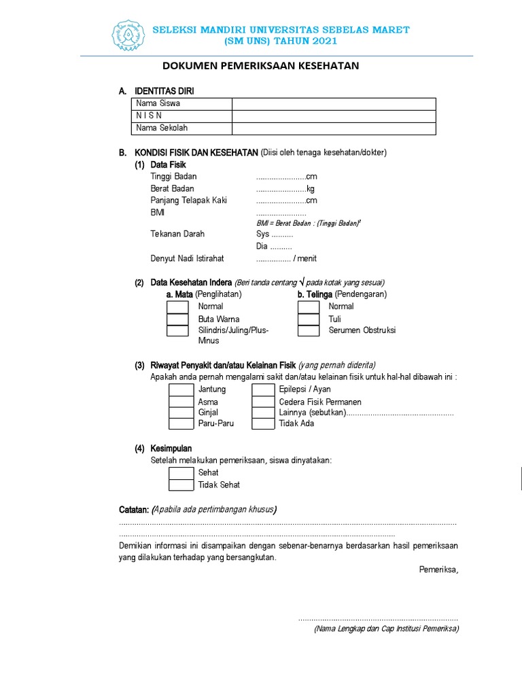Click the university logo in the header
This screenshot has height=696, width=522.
127,37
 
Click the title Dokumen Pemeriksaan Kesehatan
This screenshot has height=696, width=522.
260,66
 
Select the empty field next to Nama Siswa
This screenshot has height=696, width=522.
333,103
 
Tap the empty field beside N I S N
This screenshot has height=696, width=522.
333,116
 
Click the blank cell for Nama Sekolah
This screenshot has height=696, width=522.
333,128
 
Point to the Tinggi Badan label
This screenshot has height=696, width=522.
173,177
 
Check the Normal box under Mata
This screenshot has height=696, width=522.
177,307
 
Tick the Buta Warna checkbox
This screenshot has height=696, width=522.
177,319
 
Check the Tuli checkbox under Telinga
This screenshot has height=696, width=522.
309,319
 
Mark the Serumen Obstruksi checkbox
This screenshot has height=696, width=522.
309,331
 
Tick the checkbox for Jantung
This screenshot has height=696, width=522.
181,389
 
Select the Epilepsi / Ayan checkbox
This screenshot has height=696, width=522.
262,389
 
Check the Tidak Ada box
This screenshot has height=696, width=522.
262,423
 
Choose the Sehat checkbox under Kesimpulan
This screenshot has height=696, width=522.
181,472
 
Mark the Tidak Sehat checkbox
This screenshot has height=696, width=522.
181,485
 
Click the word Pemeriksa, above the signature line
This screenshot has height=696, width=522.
438,570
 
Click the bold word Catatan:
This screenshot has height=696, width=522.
134,510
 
